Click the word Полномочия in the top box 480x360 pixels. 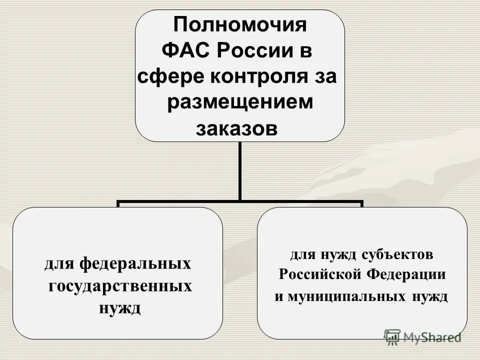point(239,24)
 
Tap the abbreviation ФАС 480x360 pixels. point(188,50)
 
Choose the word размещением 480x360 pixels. point(239,102)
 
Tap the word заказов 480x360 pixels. point(236,128)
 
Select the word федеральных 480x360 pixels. point(135,263)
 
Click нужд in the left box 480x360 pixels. point(120,307)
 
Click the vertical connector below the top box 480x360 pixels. point(239,170)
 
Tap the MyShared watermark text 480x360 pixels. point(432,337)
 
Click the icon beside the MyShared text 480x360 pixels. point(392,337)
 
